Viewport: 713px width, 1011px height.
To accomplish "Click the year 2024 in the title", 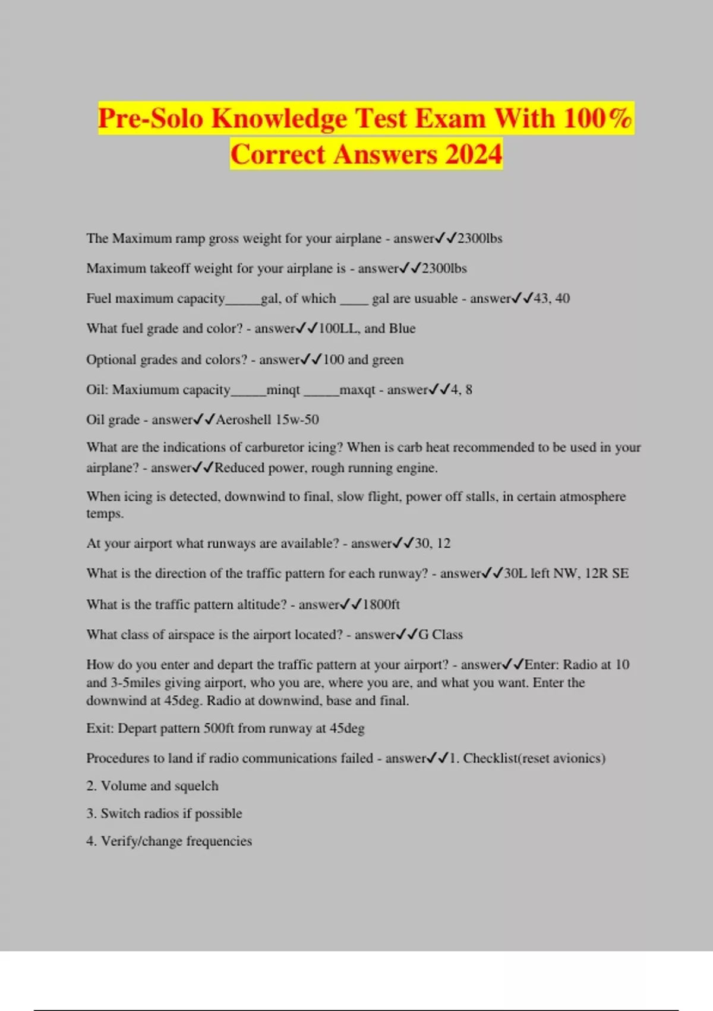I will tap(473, 155).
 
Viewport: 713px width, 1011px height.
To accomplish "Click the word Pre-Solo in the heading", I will tap(150, 118).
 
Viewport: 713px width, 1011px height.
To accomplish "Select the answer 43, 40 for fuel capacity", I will tap(551, 299).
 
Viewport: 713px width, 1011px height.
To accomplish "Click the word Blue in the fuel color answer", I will tap(402, 328).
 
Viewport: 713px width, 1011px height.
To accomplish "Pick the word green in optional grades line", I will tap(388, 360).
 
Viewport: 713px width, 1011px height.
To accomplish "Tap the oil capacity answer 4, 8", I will tap(460, 390).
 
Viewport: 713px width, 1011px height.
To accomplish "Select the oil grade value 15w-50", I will tap(297, 420).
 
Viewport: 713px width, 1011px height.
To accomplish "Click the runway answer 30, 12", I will tap(433, 544).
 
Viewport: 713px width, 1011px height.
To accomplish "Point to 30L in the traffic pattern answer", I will tap(515, 573).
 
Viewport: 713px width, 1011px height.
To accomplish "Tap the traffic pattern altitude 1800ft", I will tap(381, 605).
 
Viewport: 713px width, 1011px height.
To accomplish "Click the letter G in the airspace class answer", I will tap(424, 635).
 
